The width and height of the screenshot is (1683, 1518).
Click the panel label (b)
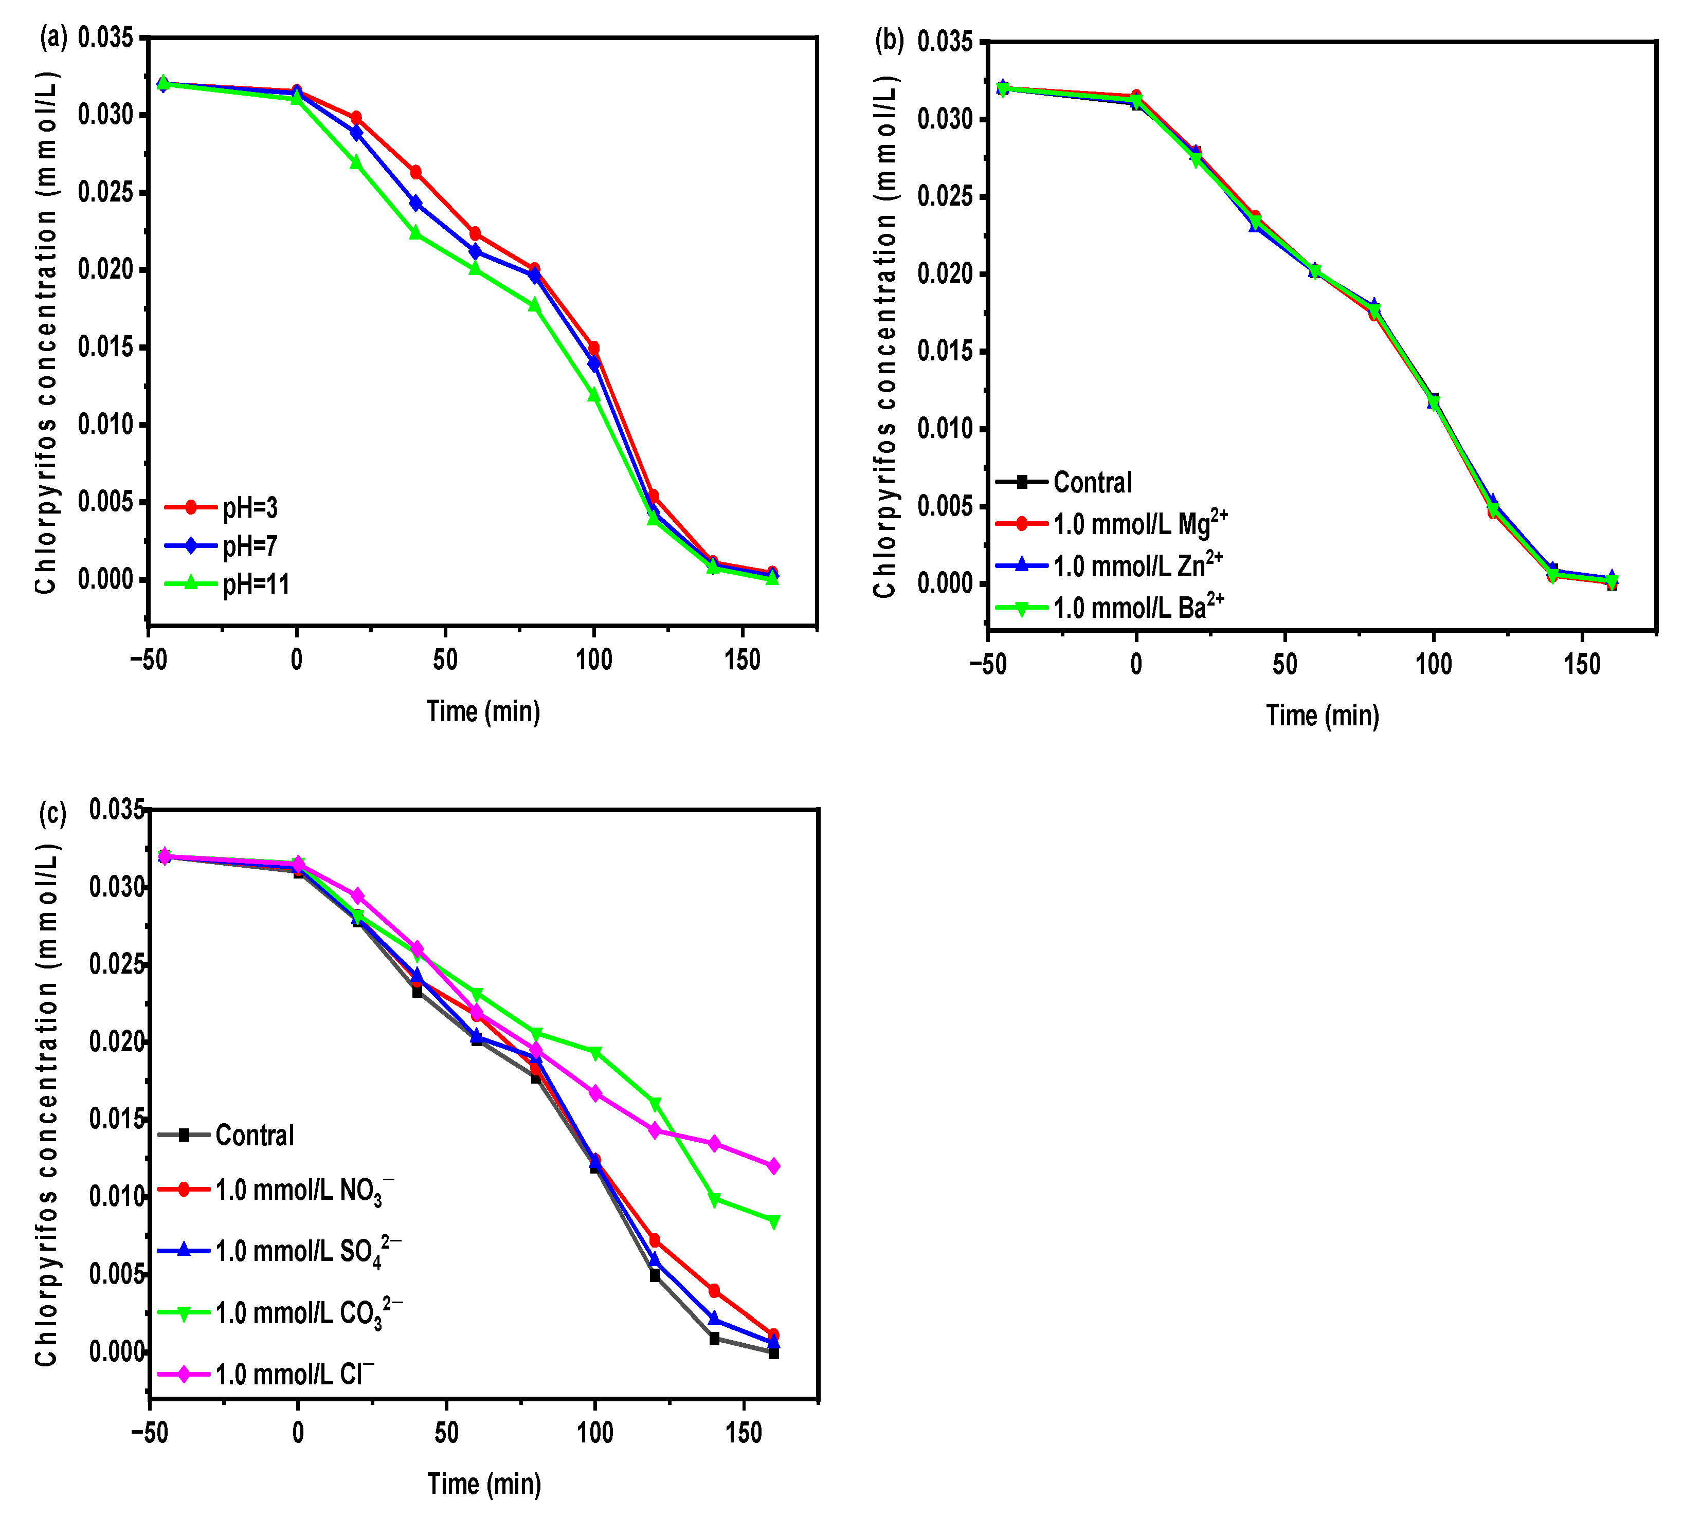[x=890, y=40]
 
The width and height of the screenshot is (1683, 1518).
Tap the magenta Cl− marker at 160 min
[x=773, y=1166]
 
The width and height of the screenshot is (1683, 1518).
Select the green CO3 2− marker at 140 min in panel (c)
[x=714, y=1199]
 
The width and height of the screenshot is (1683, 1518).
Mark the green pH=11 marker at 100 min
[x=594, y=395]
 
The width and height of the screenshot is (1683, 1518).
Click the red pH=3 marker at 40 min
[x=415, y=172]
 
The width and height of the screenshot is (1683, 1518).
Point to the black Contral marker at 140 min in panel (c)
[x=714, y=1339]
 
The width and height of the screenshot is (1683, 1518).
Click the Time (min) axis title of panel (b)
[x=1323, y=716]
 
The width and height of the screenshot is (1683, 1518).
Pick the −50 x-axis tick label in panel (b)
[x=988, y=665]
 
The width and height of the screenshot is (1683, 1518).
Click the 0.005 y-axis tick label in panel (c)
[x=116, y=1274]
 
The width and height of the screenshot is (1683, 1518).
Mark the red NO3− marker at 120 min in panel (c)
[x=655, y=1240]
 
